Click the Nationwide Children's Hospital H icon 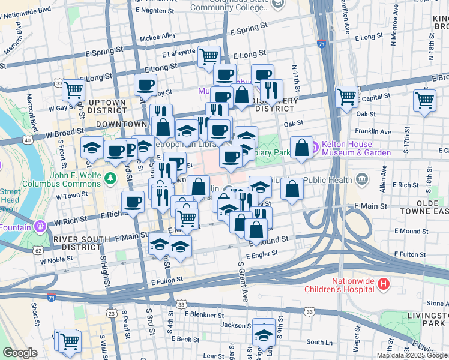click(x=384, y=283)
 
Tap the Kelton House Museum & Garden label click(x=356, y=148)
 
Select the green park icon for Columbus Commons click(x=110, y=178)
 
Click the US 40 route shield click(x=28, y=140)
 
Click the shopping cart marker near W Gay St click(x=73, y=91)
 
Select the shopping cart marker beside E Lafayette click(x=209, y=56)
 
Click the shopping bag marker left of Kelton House click(x=301, y=147)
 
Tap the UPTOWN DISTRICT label click(x=107, y=106)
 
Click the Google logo click(x=20, y=353)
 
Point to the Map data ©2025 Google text click(x=412, y=355)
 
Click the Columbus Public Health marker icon click(x=361, y=178)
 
